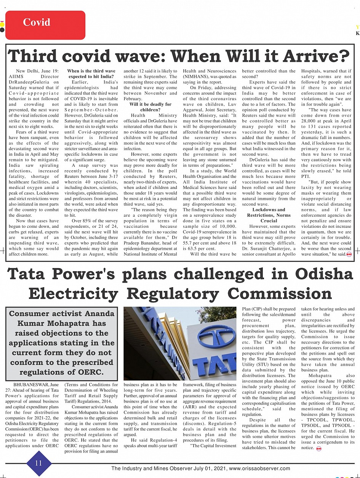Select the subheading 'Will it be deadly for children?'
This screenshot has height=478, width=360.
click(150, 107)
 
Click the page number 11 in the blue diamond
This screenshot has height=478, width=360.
click(38, 463)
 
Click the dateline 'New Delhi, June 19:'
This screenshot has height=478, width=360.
click(37, 71)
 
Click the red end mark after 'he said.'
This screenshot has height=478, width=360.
click(349, 254)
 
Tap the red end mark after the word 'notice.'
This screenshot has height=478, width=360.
click(319, 449)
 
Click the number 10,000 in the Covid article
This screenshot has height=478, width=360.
click(227, 227)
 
